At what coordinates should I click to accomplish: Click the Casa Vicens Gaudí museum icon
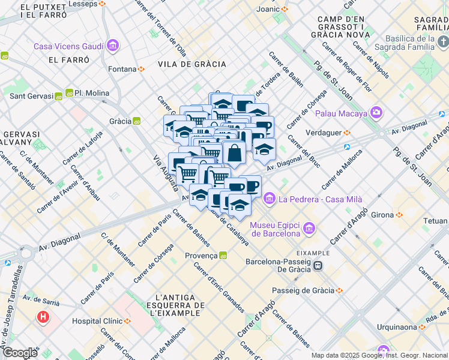click(112, 46)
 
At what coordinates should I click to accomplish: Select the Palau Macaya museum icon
click(376, 112)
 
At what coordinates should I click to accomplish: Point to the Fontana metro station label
click(122, 69)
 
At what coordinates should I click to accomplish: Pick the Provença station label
click(201, 256)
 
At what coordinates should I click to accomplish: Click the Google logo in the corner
click(20, 353)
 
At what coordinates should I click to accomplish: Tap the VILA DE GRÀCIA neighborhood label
click(192, 64)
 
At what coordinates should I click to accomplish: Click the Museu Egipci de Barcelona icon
click(309, 228)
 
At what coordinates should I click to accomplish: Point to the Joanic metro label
click(268, 9)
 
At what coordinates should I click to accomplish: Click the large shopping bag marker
click(234, 154)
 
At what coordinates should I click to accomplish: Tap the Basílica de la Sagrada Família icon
click(444, 41)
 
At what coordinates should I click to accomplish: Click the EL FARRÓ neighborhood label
click(69, 60)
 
